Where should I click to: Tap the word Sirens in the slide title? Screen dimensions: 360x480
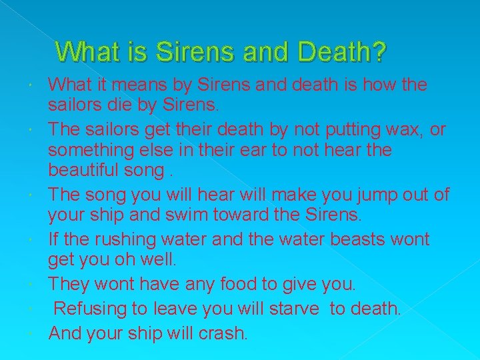pyautogui.click(x=189, y=51)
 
